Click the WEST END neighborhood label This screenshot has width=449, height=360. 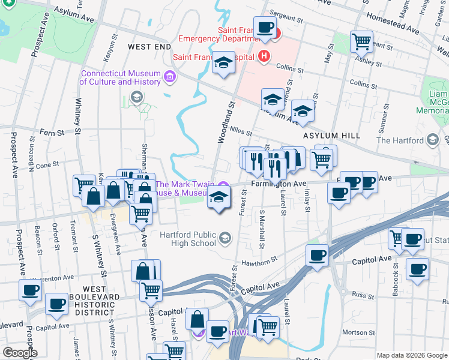149,46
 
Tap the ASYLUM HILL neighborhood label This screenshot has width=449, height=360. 331,136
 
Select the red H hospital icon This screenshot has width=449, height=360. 263,57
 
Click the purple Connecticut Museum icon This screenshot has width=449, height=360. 169,76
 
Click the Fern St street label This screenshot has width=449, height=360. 51,131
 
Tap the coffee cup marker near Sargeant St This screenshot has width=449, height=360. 265,28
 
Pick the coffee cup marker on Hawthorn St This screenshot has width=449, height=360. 317,255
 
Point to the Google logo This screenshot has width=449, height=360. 19,353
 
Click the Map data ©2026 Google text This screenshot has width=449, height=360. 412,355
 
